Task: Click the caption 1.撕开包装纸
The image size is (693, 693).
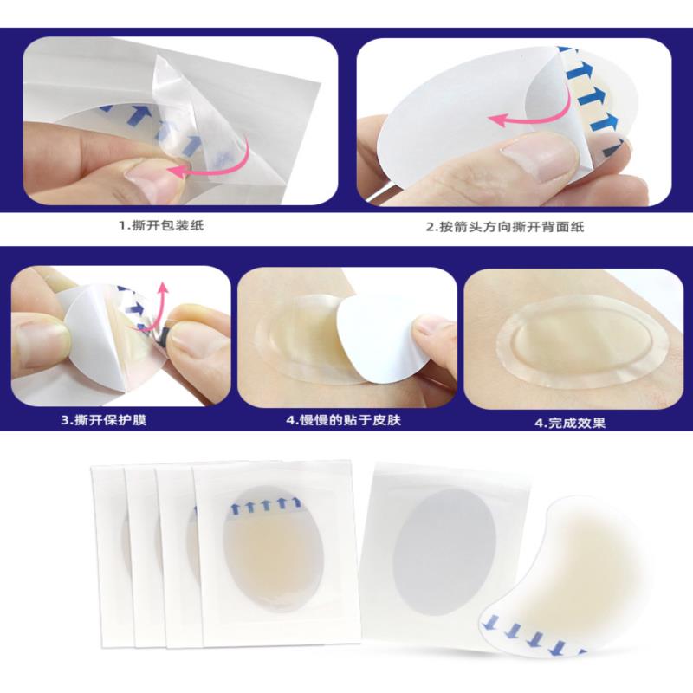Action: coord(161,225)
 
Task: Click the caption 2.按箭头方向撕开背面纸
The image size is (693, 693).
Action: coord(505,227)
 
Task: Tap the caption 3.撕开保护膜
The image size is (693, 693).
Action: coord(103,419)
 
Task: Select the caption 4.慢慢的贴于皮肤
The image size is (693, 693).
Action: coord(343,419)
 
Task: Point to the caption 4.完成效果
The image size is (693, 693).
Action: coord(570,423)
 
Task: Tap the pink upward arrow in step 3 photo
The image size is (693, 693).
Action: coord(159,309)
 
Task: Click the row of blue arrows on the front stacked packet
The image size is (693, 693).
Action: coord(266,505)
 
